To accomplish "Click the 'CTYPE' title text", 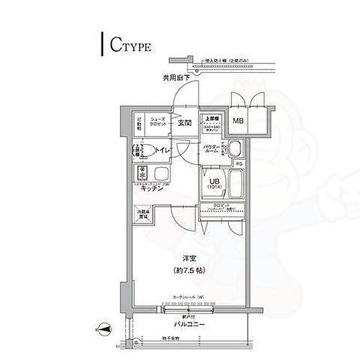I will [x=130, y=48].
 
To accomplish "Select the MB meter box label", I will [x=237, y=121].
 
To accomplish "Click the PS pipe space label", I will [x=239, y=163].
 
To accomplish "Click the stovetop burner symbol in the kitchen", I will [x=142, y=174].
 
